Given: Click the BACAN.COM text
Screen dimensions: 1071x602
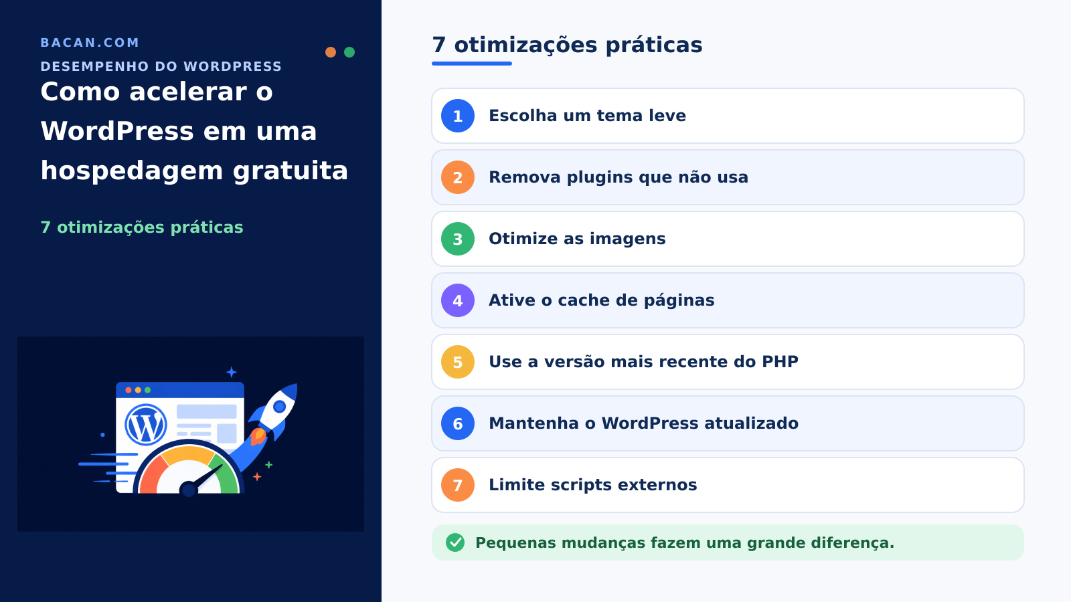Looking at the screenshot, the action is click(90, 43).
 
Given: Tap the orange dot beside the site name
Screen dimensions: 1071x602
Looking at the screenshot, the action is click(331, 52).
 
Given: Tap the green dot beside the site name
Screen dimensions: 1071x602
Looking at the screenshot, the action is click(349, 52).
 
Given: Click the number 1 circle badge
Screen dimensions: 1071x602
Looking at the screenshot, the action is click(458, 116).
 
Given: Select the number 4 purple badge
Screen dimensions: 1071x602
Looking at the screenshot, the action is click(458, 300).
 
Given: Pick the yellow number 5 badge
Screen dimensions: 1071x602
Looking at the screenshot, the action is click(458, 362).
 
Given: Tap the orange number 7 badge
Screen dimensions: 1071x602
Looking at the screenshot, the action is click(458, 485).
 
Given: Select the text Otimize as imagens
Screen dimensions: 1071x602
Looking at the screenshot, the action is click(577, 239).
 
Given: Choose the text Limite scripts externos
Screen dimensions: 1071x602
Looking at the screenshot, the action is click(593, 485).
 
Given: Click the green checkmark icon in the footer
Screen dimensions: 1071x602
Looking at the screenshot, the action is click(455, 542).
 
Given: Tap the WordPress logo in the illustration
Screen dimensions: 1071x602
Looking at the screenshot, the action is click(146, 425).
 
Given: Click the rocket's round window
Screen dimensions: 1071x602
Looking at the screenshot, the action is click(279, 407).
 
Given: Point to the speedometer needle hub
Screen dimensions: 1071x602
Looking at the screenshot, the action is click(189, 490).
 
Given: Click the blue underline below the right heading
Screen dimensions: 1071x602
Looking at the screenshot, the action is click(472, 64).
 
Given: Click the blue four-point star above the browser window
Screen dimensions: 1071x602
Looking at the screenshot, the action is click(232, 372).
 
